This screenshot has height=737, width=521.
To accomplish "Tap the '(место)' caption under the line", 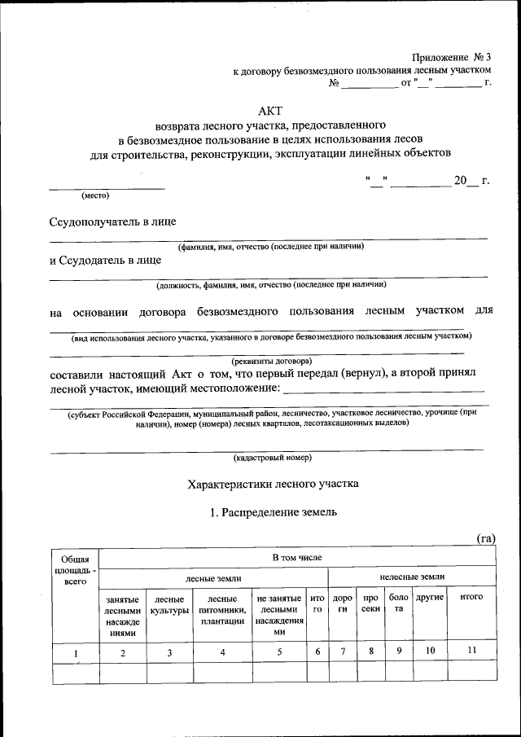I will pyautogui.click(x=95, y=195).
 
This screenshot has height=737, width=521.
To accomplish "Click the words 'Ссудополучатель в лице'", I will pyautogui.click(x=113, y=222).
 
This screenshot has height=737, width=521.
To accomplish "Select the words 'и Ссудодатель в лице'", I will pyautogui.click(x=105, y=261).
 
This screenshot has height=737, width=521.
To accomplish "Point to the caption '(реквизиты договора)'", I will pyautogui.click(x=270, y=360).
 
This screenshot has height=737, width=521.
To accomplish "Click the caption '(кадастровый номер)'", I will pyautogui.click(x=270, y=457).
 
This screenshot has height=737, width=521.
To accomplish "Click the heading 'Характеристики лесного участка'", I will pyautogui.click(x=273, y=484).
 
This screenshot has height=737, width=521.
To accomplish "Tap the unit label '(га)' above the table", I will pyautogui.click(x=485, y=537).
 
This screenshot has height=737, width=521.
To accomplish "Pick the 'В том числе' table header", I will pyautogui.click(x=297, y=558).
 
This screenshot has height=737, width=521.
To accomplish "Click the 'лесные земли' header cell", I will pyautogui.click(x=213, y=577).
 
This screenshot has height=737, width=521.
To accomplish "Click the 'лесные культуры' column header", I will pyautogui.click(x=169, y=604).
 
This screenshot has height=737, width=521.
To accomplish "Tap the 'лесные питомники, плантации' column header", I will pyautogui.click(x=223, y=610).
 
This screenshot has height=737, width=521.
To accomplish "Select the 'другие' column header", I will pyautogui.click(x=430, y=598).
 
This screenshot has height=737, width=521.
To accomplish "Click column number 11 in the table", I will pyautogui.click(x=472, y=651).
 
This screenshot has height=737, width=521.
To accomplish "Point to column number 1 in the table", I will pyautogui.click(x=75, y=651).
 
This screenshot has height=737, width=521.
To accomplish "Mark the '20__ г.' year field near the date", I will pyautogui.click(x=471, y=181).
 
